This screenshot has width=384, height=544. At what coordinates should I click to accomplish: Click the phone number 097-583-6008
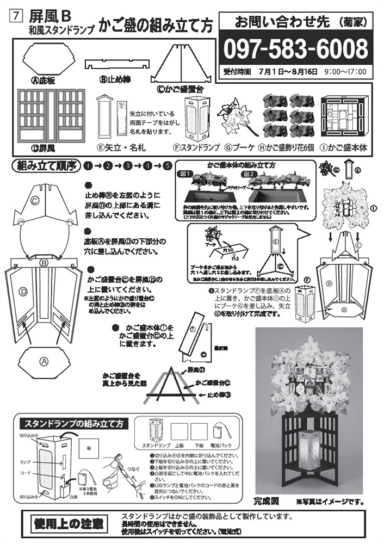pos(296,49)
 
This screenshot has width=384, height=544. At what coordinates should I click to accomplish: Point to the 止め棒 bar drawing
pos(117,64)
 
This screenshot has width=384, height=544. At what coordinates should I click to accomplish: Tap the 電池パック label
pos(220,446)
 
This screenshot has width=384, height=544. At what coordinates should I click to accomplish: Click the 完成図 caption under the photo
pos(267,499)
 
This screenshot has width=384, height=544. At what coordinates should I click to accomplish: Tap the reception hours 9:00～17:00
pos(344,72)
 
